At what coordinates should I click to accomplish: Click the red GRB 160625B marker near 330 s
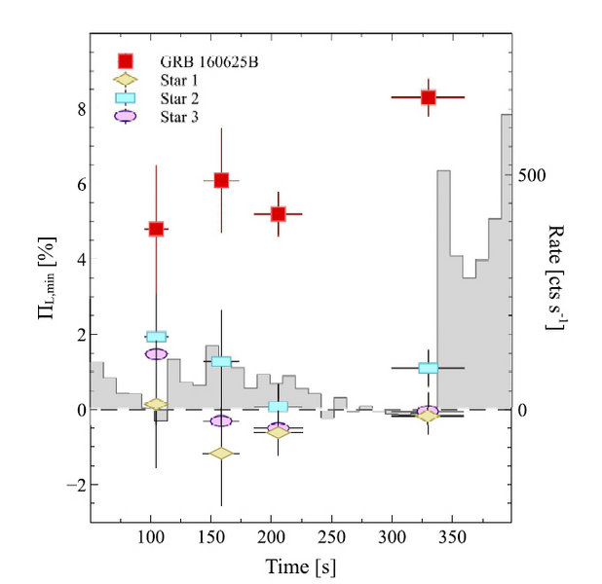point(428,97)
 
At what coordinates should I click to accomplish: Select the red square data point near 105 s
point(156,229)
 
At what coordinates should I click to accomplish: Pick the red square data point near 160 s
point(221,180)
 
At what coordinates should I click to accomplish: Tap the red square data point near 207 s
point(278,213)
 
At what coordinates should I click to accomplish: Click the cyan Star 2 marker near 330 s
point(428,368)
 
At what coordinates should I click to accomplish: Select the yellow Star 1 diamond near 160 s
point(221,454)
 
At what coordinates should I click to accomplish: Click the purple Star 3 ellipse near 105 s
point(156,354)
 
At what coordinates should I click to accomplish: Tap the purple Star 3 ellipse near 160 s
point(221,420)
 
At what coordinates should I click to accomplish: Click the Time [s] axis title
point(300,564)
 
